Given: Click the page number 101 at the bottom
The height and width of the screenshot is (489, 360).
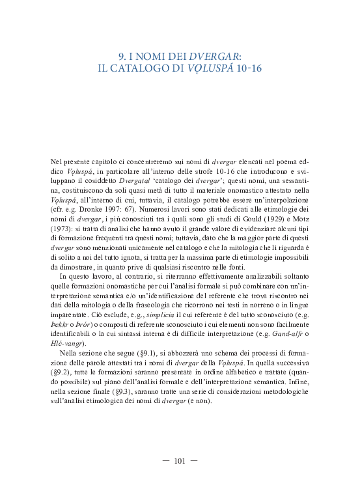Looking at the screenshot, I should coord(180,461).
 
